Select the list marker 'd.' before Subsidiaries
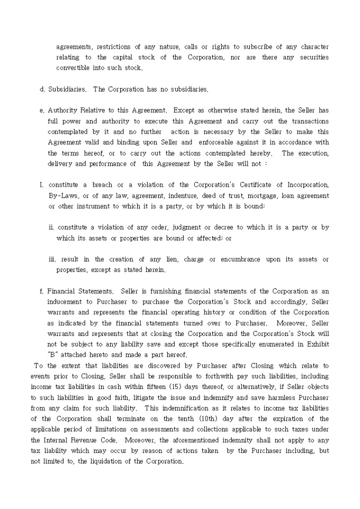pyautogui.click(x=42, y=89)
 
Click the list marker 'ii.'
pyautogui.click(x=51, y=228)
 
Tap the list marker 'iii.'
pyautogui.click(x=52, y=259)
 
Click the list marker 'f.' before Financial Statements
pyautogui.click(x=42, y=291)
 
